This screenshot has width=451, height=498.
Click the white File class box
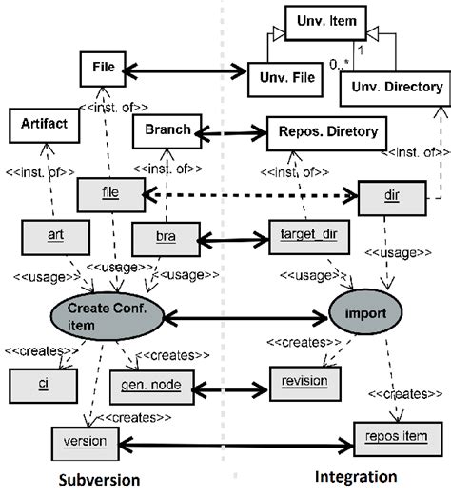coord(104,69)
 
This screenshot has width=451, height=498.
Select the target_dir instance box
coord(291,233)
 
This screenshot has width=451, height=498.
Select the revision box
coord(305,381)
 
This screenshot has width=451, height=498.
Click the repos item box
coord(386,442)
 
